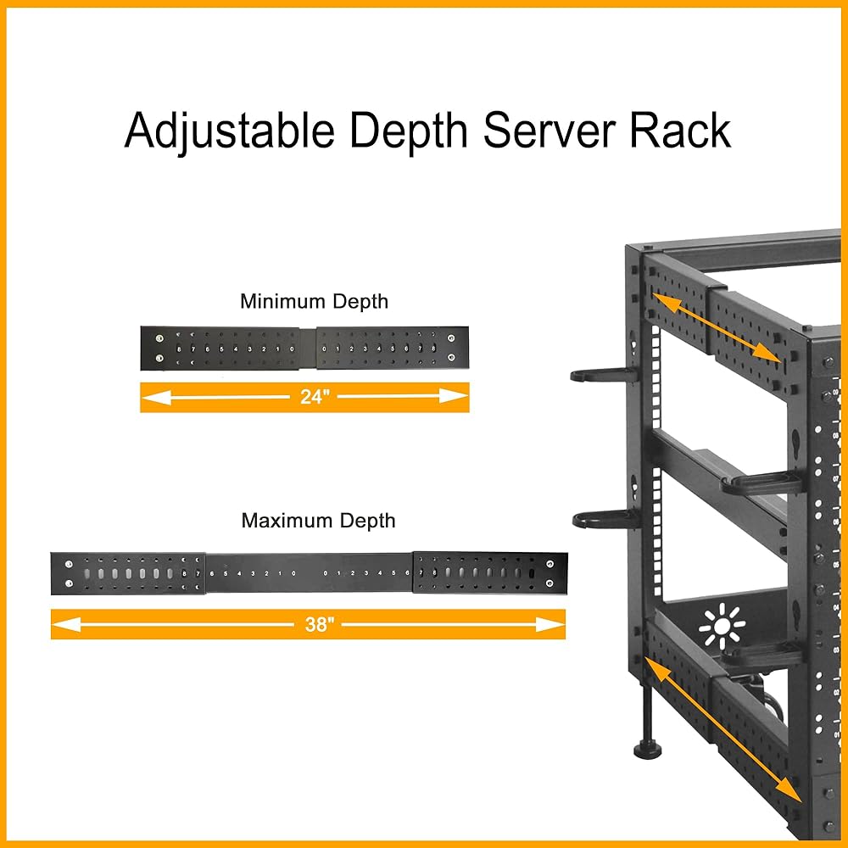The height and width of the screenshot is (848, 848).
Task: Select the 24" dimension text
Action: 314,396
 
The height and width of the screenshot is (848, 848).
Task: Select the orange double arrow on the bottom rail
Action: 723,729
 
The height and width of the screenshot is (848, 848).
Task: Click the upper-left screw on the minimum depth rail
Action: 160,338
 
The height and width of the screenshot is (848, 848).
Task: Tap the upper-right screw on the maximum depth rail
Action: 551,563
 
